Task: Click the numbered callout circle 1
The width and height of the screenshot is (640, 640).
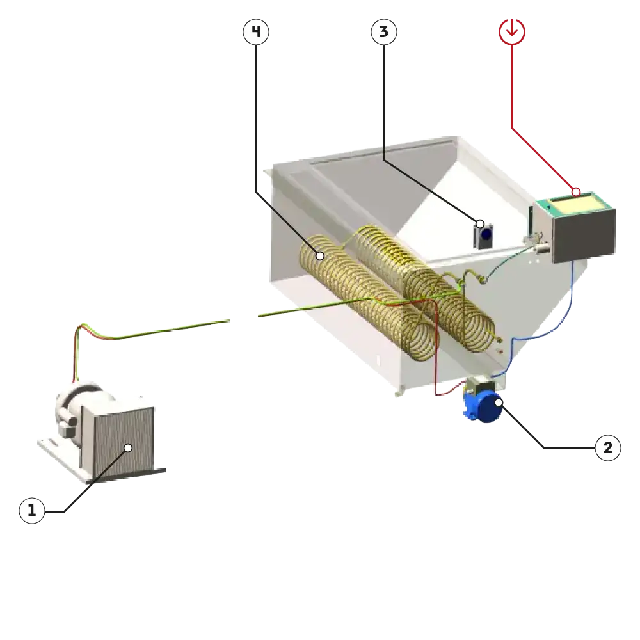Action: click(x=32, y=511)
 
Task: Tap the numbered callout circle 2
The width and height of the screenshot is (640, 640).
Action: click(x=607, y=448)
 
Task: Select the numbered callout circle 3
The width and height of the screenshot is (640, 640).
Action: click(x=383, y=31)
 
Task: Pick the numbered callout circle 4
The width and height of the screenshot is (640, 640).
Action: click(x=255, y=31)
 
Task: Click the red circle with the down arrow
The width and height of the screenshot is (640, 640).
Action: click(x=513, y=31)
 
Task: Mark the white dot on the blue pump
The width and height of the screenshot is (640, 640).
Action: click(x=499, y=403)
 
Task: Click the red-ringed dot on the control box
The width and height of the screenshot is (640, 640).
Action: click(x=576, y=191)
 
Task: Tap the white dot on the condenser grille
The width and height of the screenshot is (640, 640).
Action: click(x=128, y=448)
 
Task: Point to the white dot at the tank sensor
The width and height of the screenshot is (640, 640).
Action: click(x=480, y=224)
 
